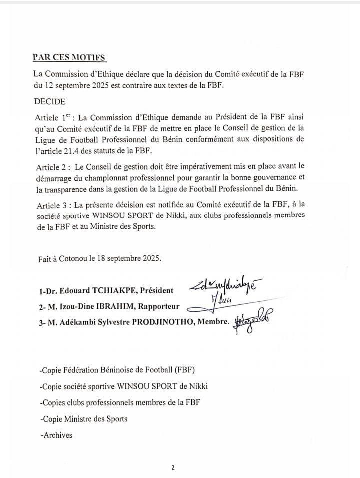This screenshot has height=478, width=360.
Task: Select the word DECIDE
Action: coord(50,101)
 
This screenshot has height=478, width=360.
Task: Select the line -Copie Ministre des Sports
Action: coord(83,419)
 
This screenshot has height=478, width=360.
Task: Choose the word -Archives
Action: coord(55,435)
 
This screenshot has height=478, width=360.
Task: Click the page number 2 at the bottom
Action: coord(173,468)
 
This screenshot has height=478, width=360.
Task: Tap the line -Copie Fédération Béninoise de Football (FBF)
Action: coord(116,370)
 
